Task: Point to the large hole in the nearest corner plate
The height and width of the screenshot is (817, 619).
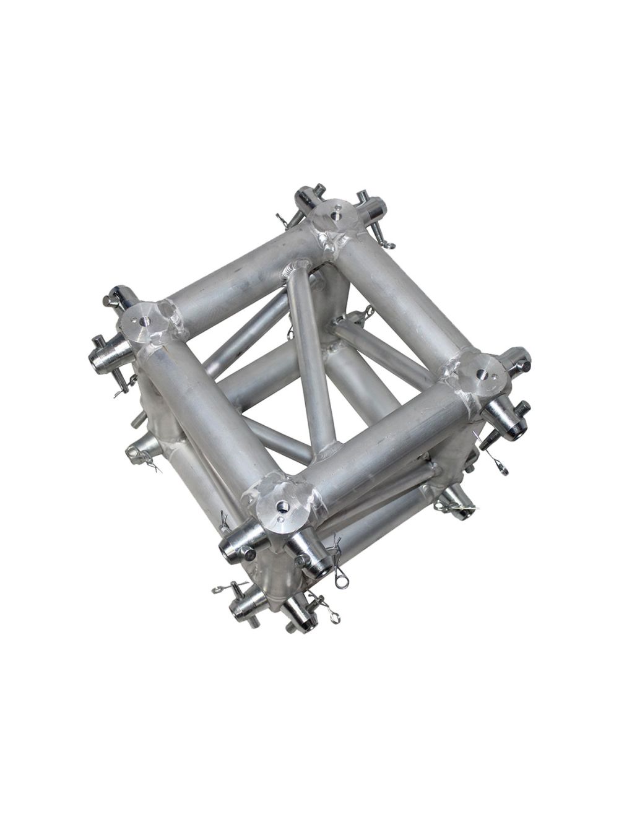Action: [x=283, y=506]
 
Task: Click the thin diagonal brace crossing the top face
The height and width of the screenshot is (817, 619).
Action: [x=309, y=359]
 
